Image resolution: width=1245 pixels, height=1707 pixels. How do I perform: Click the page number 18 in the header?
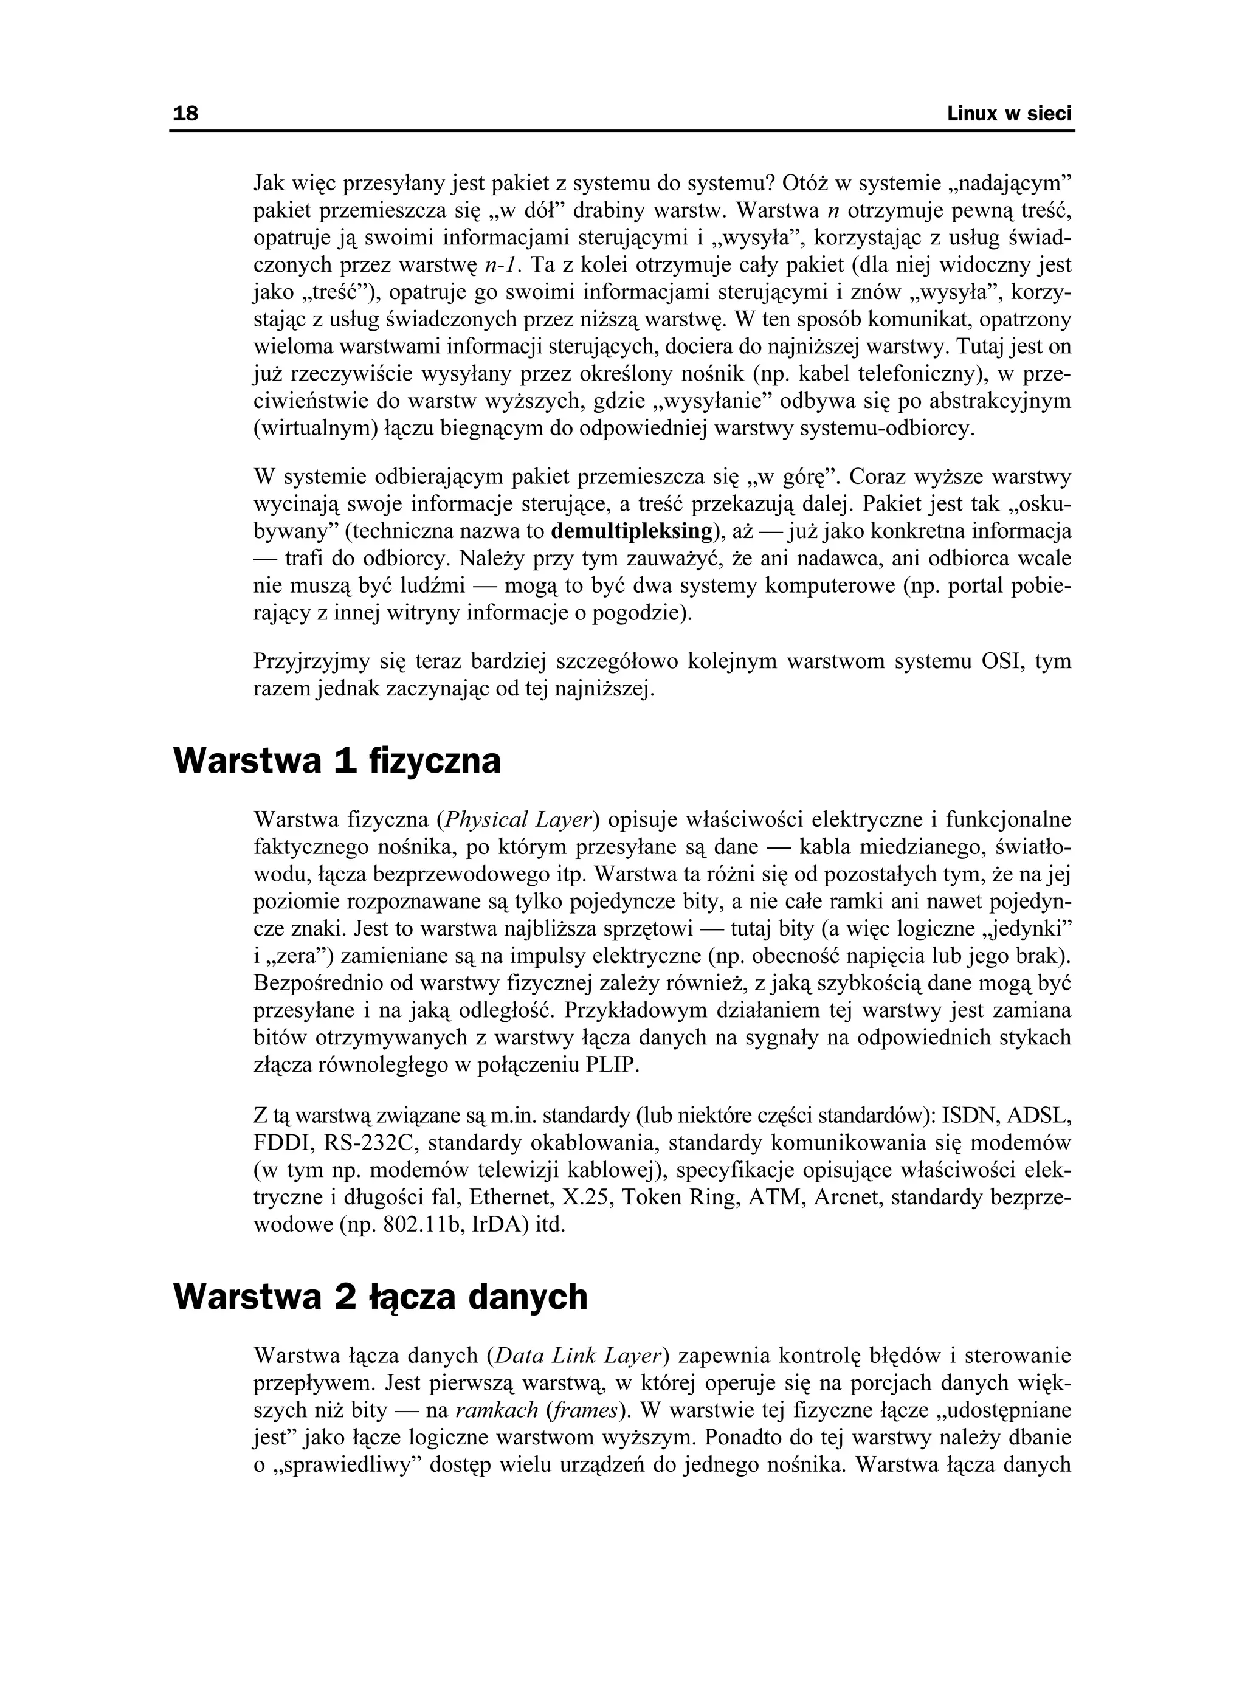[x=185, y=114]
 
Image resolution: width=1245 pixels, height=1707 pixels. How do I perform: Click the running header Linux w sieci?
[x=1009, y=114]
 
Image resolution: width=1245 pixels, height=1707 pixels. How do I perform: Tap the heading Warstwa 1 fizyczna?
[x=337, y=761]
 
